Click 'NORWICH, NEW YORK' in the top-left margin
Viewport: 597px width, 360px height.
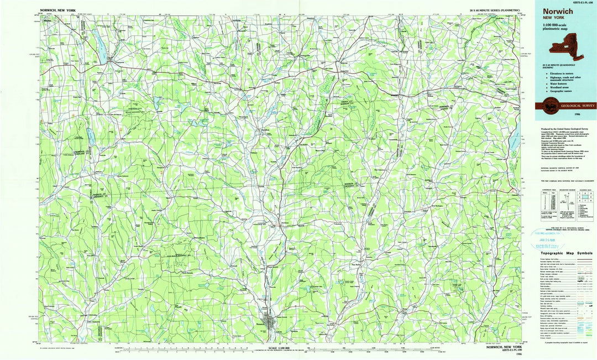point(56,11)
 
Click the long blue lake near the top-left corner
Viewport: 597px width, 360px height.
point(102,47)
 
